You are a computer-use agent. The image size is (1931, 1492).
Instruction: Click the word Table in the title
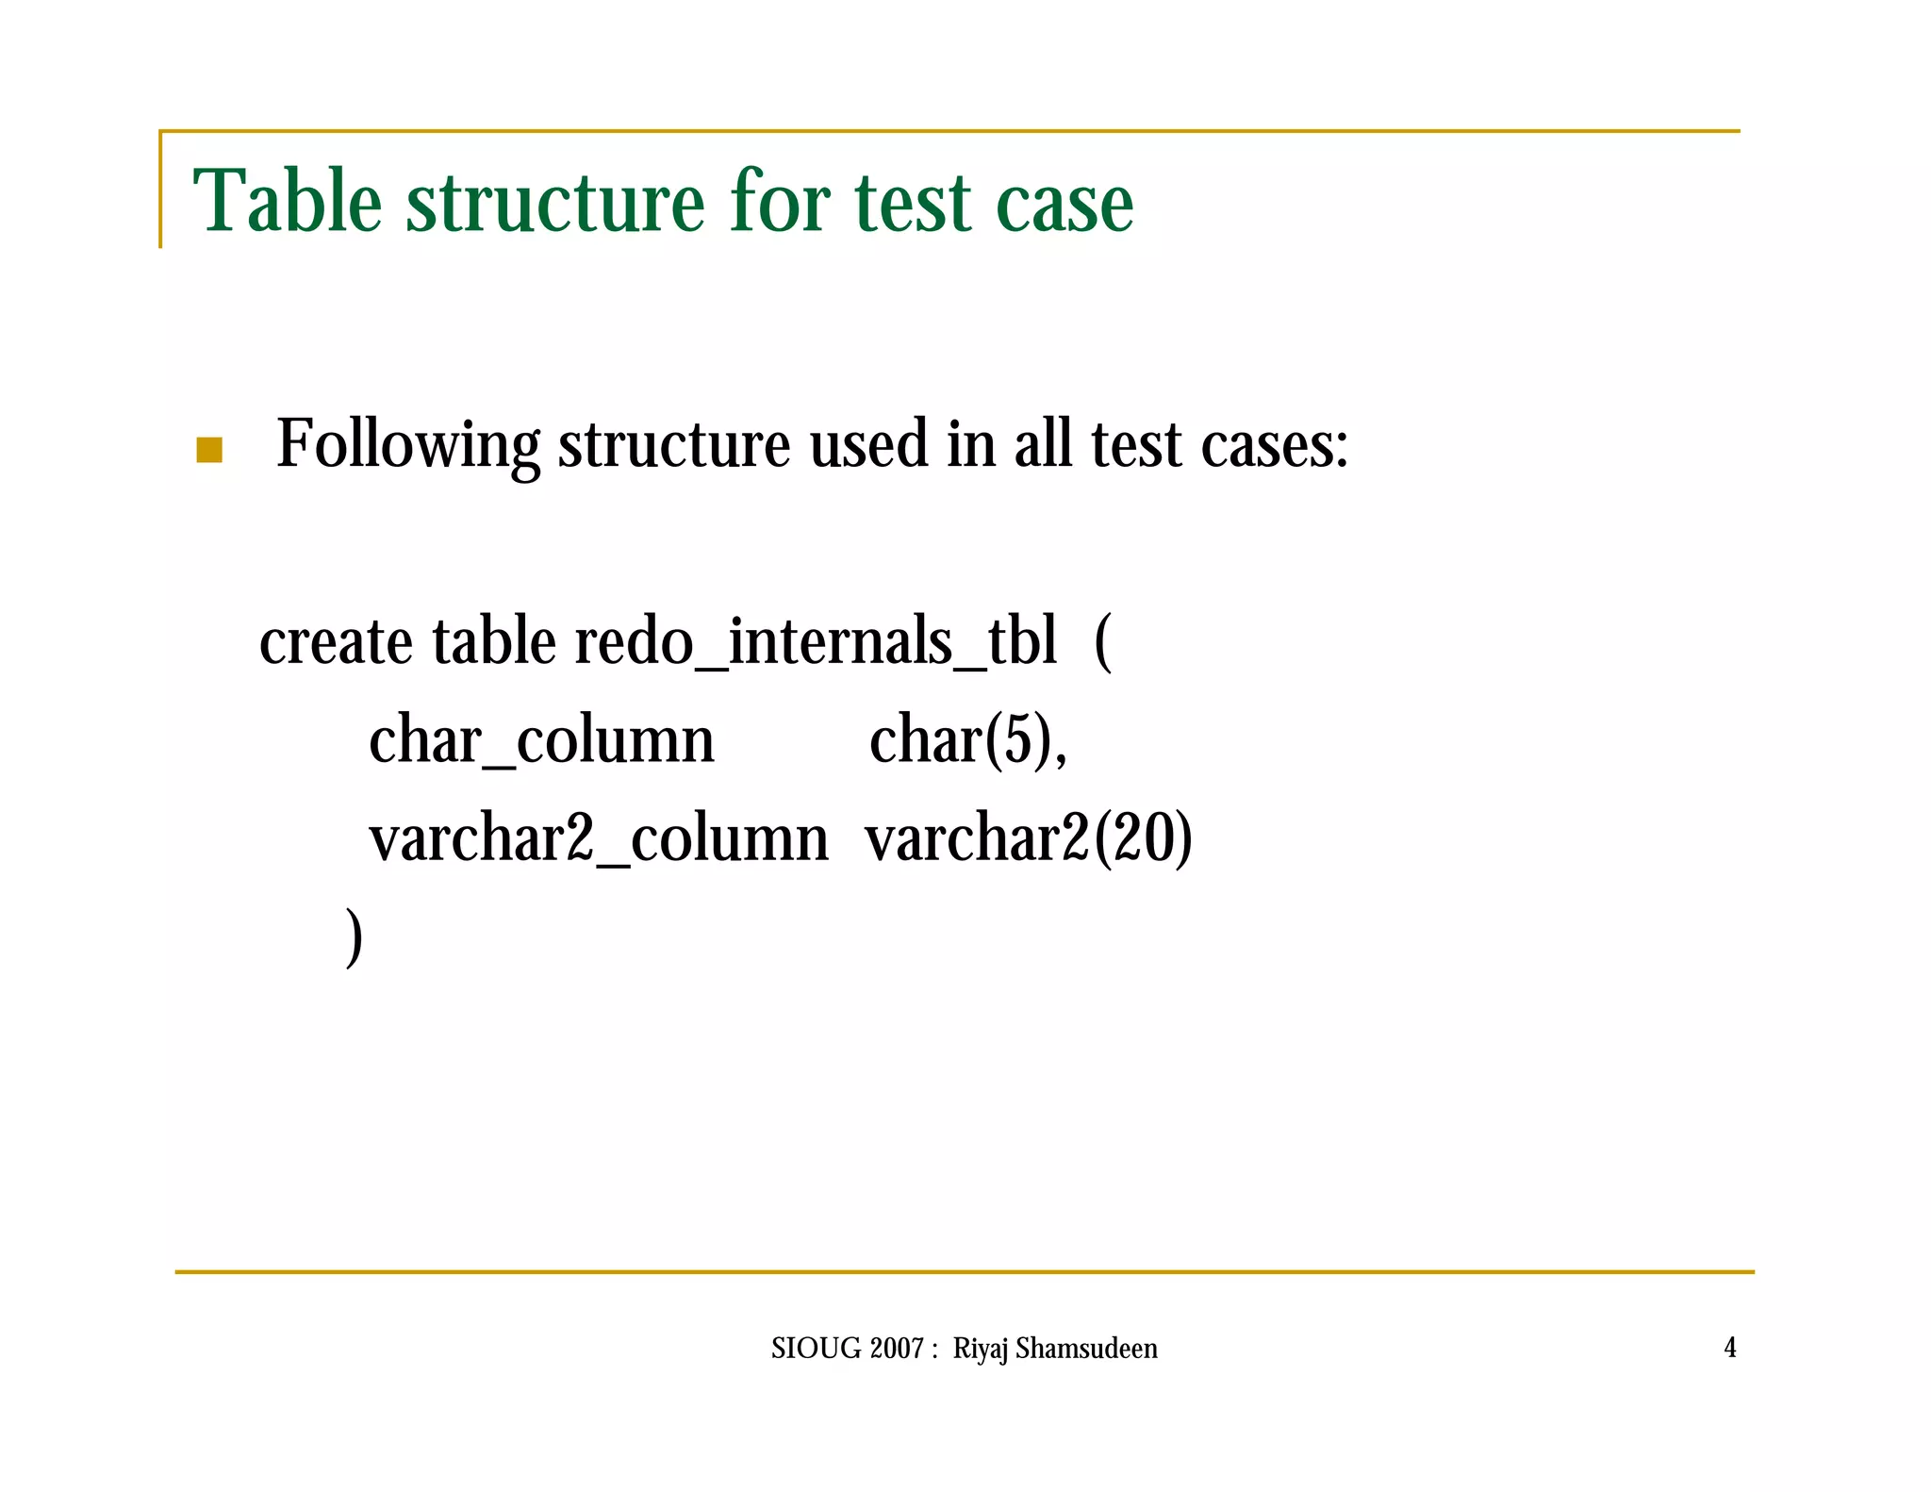coord(288,201)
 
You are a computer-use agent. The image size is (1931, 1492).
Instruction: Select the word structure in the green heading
coord(555,201)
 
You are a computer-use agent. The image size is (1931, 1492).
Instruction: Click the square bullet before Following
coord(209,450)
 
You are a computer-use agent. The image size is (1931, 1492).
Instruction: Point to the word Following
coord(408,444)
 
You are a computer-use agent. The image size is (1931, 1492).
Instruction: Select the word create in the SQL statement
coord(336,643)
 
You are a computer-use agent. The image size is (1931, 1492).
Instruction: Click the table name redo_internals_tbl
coord(816,643)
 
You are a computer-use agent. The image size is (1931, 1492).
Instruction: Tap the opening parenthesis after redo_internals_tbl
coord(1103,643)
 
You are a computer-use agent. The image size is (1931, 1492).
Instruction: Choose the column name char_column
coord(541,741)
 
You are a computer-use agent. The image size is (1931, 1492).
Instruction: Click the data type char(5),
coord(968,741)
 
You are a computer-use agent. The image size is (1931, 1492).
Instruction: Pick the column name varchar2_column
coord(599,839)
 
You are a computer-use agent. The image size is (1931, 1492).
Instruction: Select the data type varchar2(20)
coord(1029,839)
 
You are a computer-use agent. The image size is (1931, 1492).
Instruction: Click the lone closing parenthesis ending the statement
coord(354,937)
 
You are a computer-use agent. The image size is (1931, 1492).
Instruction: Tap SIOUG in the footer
coord(816,1349)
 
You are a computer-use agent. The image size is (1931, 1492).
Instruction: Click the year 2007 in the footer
coord(897,1349)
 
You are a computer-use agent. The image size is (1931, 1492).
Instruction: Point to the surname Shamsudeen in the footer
coord(1086,1349)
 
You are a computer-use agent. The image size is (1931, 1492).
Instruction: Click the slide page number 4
coord(1730,1348)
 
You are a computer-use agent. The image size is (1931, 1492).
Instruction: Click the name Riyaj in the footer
coord(981,1350)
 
